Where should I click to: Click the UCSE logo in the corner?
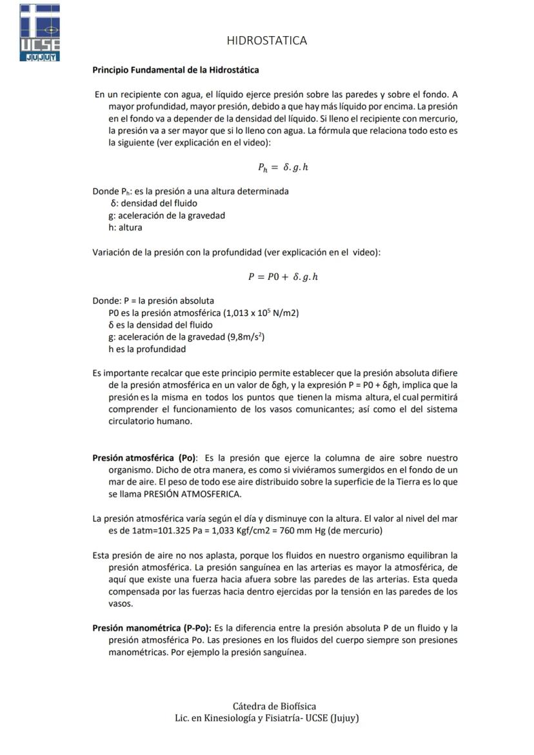(x=40, y=32)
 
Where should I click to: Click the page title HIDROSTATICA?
(x=266, y=41)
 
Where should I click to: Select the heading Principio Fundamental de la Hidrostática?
(x=175, y=70)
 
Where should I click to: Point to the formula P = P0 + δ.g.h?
(x=283, y=277)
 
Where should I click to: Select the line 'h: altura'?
(x=126, y=227)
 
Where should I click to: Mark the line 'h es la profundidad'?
(x=147, y=349)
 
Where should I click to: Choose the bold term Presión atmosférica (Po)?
(x=145, y=458)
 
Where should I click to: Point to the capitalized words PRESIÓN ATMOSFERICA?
(x=192, y=494)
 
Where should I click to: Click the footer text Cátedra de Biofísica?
(x=274, y=707)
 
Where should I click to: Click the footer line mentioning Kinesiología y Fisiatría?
(x=266, y=718)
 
